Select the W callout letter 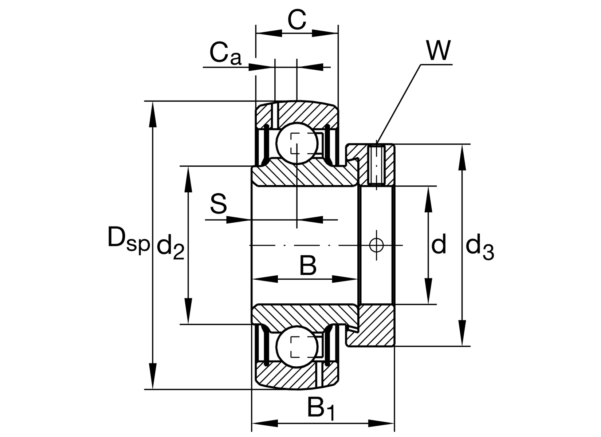coord(438,51)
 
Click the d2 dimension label coord(170,248)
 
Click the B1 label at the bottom coord(321,409)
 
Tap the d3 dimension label coord(479,248)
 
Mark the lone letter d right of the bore coord(438,244)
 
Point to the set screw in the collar coord(377,165)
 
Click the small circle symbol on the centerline coord(376,245)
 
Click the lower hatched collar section coord(375,326)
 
